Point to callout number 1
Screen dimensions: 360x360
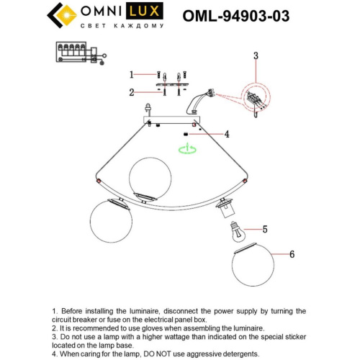(x=132, y=74)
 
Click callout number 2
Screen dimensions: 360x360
(x=132, y=92)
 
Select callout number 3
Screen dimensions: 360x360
(x=255, y=55)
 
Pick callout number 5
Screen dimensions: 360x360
(x=264, y=230)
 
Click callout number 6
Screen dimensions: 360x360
(x=292, y=254)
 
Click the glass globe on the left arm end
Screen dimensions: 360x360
(x=111, y=223)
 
